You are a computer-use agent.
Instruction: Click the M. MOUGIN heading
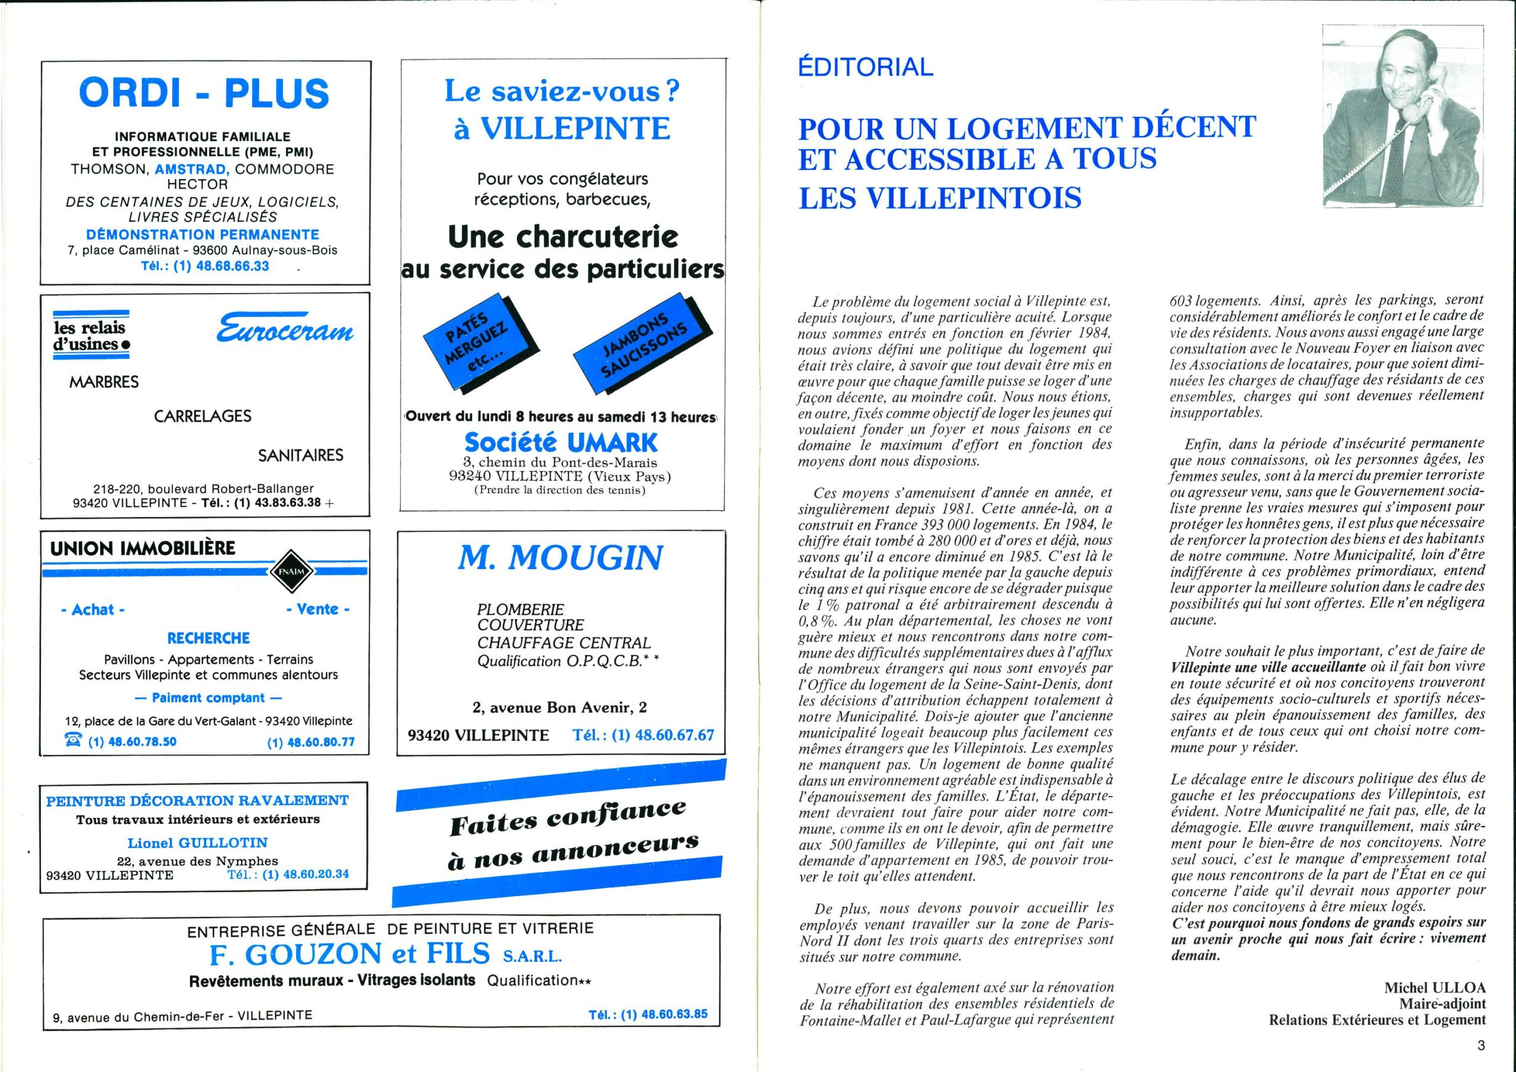click(560, 558)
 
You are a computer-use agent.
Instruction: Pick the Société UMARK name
click(561, 442)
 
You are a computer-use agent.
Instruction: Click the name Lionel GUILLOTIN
click(197, 843)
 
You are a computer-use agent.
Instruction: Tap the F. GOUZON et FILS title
click(349, 954)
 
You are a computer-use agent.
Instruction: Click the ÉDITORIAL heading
click(866, 66)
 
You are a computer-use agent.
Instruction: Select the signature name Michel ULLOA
click(1435, 987)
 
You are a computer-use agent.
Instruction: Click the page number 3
click(1481, 1045)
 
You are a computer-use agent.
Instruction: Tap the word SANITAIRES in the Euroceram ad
click(300, 455)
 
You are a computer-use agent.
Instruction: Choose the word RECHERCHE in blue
click(208, 638)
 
